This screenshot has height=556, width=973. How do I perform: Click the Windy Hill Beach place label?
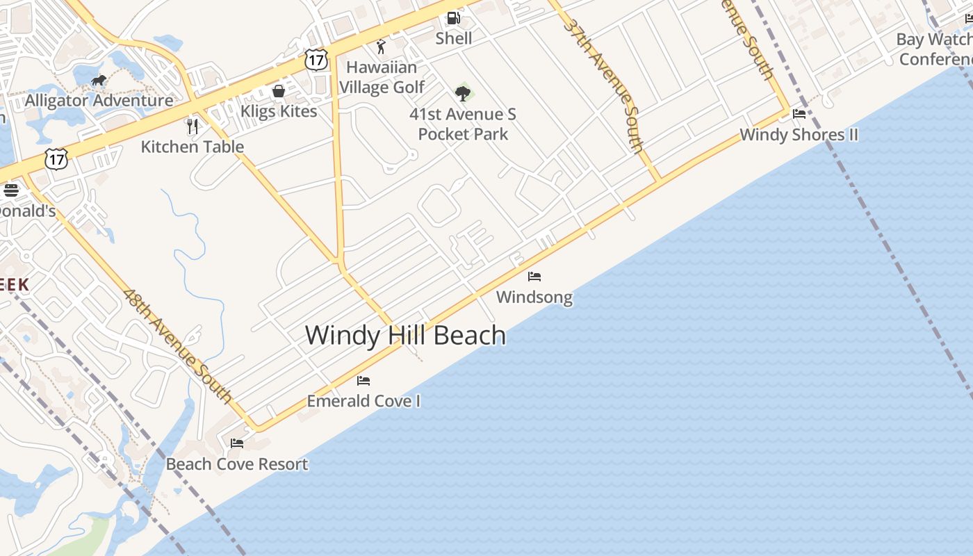pyautogui.click(x=405, y=336)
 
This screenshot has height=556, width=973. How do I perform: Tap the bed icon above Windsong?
pyautogui.click(x=534, y=277)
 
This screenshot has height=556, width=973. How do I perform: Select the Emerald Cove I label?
pyautogui.click(x=363, y=401)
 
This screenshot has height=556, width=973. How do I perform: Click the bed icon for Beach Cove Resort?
pyautogui.click(x=237, y=443)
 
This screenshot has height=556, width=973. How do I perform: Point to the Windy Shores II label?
pyautogui.click(x=799, y=135)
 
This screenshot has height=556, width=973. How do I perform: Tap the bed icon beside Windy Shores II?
pyautogui.click(x=799, y=114)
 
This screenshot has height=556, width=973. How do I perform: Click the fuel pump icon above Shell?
pyautogui.click(x=453, y=19)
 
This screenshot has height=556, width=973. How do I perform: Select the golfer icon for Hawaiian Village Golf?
pyautogui.click(x=381, y=47)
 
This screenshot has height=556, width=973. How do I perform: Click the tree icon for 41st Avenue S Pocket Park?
pyautogui.click(x=463, y=92)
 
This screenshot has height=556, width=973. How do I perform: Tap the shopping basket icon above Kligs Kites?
pyautogui.click(x=279, y=91)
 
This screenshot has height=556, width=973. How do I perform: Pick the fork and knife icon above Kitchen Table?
pyautogui.click(x=193, y=126)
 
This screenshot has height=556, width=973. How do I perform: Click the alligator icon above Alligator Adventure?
pyautogui.click(x=99, y=81)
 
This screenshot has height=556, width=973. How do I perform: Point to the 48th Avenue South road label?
pyautogui.click(x=177, y=345)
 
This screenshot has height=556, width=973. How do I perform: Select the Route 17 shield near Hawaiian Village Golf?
pyautogui.click(x=316, y=60)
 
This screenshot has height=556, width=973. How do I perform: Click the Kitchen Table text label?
pyautogui.click(x=193, y=147)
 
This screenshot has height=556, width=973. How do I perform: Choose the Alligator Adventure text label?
pyautogui.click(x=99, y=101)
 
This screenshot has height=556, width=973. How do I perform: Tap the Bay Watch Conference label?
pyautogui.click(x=935, y=49)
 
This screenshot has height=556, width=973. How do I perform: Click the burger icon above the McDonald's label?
pyautogui.click(x=10, y=190)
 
